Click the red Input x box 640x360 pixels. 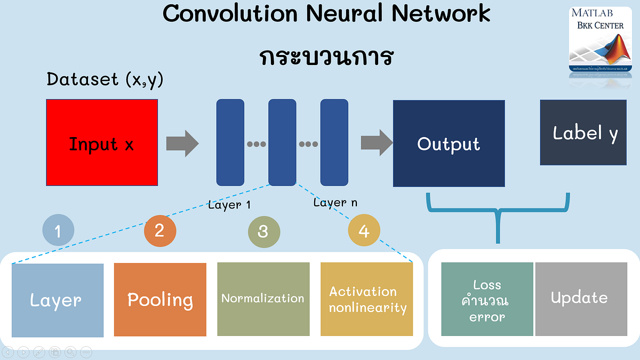(101, 143)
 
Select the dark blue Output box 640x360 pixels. (449, 143)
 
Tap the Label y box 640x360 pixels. (583, 132)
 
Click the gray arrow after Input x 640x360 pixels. (182, 143)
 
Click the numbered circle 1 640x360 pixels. (58, 231)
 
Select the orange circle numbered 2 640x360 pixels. (159, 230)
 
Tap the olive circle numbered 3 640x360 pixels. (263, 231)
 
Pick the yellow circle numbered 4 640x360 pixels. (364, 230)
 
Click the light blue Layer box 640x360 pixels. (58, 300)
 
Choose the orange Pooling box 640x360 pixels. (160, 300)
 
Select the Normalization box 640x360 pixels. (263, 299)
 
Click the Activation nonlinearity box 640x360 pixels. (366, 299)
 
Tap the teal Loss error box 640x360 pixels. (487, 299)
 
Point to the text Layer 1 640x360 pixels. (229, 205)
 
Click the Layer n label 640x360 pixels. (335, 203)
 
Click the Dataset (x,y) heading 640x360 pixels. (105, 79)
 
